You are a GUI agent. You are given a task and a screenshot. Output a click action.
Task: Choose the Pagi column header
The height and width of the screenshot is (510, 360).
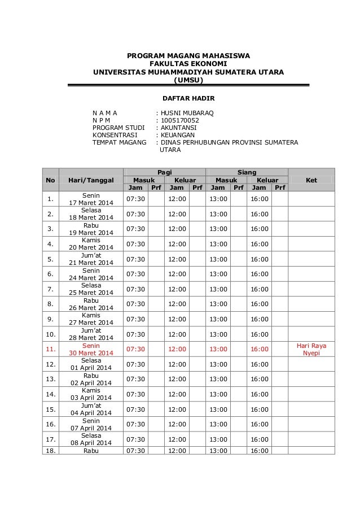pyautogui.click(x=164, y=172)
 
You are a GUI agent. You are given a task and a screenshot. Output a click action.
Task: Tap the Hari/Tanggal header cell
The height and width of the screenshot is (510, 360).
pyautogui.click(x=90, y=180)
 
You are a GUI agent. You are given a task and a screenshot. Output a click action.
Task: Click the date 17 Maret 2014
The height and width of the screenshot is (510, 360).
pyautogui.click(x=90, y=203)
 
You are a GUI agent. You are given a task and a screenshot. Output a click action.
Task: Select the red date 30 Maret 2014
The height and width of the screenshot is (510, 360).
pyautogui.click(x=90, y=353)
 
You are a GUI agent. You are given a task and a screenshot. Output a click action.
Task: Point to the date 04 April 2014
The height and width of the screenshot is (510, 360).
pyautogui.click(x=90, y=413)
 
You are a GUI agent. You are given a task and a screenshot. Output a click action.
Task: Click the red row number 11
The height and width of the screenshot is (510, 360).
pyautogui.click(x=51, y=349)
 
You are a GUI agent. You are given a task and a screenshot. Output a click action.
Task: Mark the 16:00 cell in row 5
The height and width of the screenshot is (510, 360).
pyautogui.click(x=260, y=259)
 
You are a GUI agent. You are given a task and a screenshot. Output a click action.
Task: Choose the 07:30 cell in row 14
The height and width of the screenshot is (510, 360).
pyautogui.click(x=135, y=394)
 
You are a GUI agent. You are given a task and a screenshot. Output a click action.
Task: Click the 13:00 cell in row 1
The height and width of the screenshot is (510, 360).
pyautogui.click(x=218, y=199)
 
